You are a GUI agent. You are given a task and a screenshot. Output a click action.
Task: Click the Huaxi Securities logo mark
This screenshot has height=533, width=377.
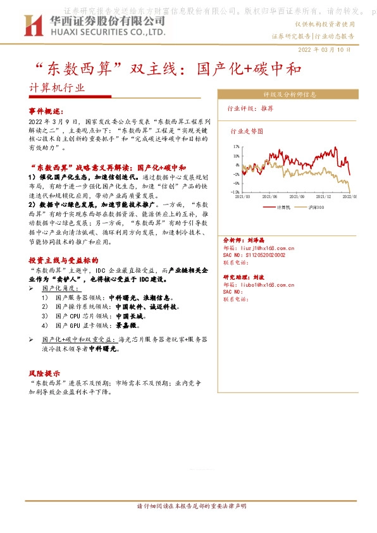pos(32,25)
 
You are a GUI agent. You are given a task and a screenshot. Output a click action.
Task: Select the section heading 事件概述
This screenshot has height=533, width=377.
pos(47,110)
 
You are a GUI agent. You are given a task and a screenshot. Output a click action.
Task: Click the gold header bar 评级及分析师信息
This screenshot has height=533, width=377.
pos(290,94)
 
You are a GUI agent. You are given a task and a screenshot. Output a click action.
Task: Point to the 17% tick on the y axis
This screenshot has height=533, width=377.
pos(235,146)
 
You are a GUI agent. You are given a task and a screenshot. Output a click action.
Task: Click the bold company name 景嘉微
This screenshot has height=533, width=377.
pos(126,325)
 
